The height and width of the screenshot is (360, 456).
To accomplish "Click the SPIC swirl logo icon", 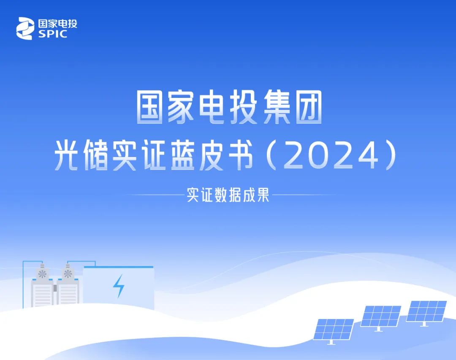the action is [x=25, y=28].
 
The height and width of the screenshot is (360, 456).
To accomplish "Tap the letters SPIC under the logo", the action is [x=53, y=34].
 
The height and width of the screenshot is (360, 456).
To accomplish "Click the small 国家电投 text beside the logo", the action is [x=57, y=24].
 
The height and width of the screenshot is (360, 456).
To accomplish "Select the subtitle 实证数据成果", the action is [x=228, y=195].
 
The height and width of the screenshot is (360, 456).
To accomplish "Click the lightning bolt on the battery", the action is [x=119, y=286].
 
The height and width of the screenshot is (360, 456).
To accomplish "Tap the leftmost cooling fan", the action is [x=43, y=274].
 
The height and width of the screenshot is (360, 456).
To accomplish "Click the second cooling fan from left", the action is [x=68, y=274].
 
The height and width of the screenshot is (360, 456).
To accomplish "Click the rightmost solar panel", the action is [x=426, y=311].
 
